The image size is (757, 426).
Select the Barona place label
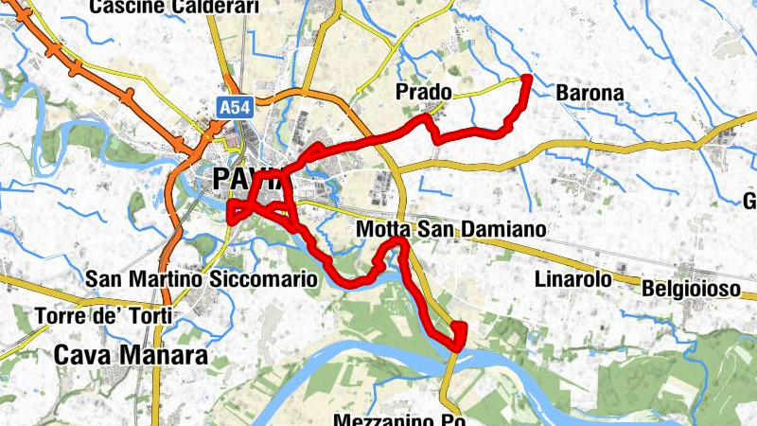[590, 94]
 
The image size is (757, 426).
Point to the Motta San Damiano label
[451, 230]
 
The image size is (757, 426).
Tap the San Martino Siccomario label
[201, 279]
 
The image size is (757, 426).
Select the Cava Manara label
[131, 355]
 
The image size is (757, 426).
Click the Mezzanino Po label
[397, 419]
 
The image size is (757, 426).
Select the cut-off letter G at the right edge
[749, 201]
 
